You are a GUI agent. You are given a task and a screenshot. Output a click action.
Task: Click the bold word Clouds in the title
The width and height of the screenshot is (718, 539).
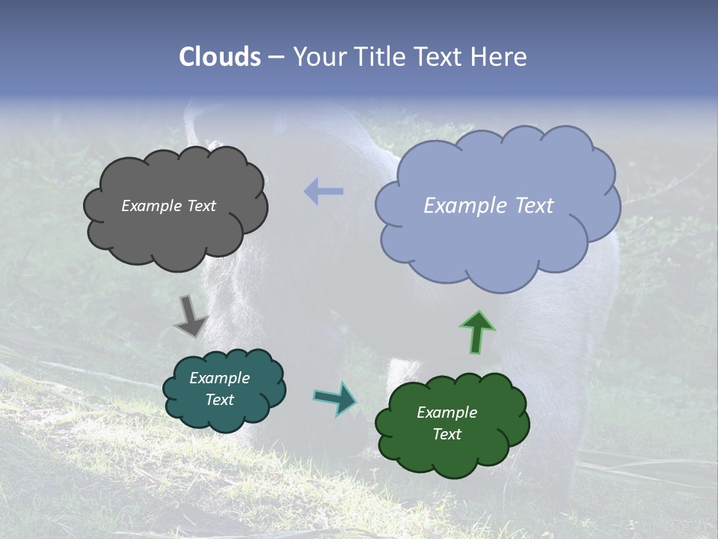click(x=220, y=57)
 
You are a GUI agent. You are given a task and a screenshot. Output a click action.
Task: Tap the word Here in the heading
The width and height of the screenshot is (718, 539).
click(x=500, y=57)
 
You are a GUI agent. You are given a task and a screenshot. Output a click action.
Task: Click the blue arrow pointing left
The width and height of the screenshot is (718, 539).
click(x=324, y=192)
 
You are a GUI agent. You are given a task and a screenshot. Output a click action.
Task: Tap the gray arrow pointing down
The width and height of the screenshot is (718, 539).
click(x=190, y=316)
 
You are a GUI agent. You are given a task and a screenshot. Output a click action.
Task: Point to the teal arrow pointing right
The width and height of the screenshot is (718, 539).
click(x=335, y=398)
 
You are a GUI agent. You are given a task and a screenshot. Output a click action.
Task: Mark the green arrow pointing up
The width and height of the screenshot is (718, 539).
click(x=476, y=332)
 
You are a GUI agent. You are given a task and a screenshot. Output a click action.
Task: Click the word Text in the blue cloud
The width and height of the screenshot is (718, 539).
click(x=530, y=206)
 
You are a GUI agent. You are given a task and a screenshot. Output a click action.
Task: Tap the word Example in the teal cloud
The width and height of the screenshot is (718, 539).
click(x=219, y=378)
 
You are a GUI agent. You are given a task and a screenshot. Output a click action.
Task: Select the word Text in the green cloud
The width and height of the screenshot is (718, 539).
click(x=447, y=434)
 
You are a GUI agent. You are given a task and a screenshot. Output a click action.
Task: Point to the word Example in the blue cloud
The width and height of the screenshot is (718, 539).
click(x=460, y=206)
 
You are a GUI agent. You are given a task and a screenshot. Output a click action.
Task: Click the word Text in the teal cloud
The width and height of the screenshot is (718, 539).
click(x=219, y=400)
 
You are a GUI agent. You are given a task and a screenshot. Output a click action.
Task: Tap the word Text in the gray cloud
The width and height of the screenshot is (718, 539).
click(x=201, y=206)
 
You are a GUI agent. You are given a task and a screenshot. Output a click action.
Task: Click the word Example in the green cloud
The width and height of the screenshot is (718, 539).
click(x=447, y=412)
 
